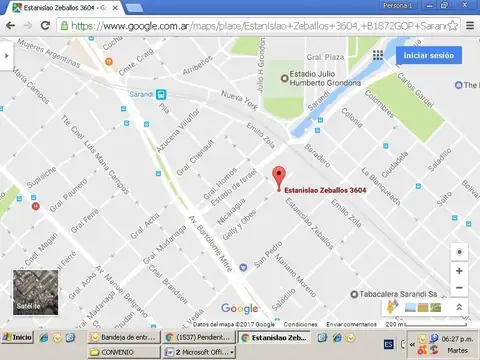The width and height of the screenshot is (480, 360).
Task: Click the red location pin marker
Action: click(x=278, y=173)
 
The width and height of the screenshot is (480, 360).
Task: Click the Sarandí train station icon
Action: click(x=161, y=93)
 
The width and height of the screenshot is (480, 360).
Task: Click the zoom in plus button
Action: click(x=459, y=271)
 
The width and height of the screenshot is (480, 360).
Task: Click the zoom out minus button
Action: click(x=459, y=289)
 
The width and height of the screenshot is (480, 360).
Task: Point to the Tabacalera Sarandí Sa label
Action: click(x=411, y=294)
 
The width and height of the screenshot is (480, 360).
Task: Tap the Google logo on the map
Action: click(x=239, y=309)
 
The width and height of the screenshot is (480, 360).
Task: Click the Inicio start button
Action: click(x=18, y=337)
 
